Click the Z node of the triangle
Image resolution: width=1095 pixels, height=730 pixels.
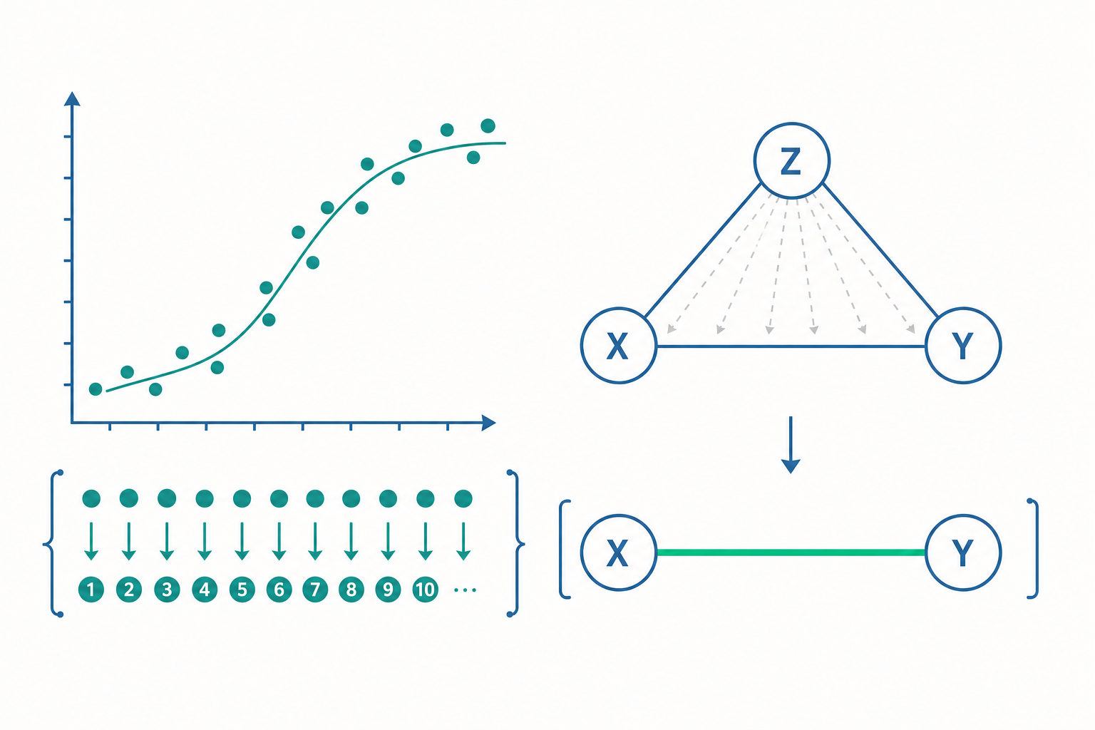(791, 160)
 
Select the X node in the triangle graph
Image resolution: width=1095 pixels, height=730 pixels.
(619, 346)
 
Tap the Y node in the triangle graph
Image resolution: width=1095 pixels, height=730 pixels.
(963, 346)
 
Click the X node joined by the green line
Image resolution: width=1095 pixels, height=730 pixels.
(619, 553)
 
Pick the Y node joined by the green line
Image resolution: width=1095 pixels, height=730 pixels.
(963, 553)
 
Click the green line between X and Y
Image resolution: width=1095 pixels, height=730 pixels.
(791, 552)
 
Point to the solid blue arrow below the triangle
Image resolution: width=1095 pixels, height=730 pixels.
(791, 445)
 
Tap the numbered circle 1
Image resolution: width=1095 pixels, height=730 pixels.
(91, 590)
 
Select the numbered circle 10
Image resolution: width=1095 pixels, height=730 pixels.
(426, 590)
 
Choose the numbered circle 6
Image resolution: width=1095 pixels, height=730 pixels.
(279, 590)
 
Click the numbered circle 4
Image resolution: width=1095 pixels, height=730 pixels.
(205, 590)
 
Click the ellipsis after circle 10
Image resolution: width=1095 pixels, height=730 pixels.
(465, 590)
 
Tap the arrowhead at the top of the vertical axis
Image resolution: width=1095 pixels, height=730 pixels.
(72, 98)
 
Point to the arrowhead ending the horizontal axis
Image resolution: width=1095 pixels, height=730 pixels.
(489, 423)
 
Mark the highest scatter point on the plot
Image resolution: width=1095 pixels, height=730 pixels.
(488, 125)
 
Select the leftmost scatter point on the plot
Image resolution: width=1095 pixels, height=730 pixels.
(96, 389)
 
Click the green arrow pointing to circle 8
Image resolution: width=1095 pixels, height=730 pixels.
(351, 541)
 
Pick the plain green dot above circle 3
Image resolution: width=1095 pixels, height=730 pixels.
(167, 498)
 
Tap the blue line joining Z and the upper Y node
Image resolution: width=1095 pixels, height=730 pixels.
(880, 250)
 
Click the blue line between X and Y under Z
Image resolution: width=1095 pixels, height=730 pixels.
(791, 346)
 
